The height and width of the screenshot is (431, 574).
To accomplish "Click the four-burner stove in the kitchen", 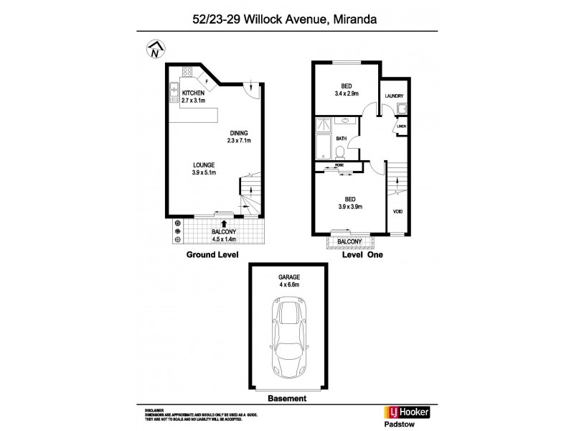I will (x=189, y=73).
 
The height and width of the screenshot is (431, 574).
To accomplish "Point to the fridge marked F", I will (x=207, y=81).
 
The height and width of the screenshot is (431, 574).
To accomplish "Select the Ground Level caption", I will (x=212, y=255).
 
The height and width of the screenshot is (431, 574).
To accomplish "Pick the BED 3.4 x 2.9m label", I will (x=347, y=90).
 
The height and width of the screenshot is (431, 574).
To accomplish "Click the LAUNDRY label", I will (x=394, y=96).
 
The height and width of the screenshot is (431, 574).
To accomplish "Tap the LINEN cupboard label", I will (x=401, y=126).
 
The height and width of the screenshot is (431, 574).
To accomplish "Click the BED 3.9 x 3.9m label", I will (x=351, y=203).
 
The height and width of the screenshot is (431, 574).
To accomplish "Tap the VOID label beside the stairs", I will (x=397, y=211).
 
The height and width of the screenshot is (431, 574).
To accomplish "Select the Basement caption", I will (x=286, y=398).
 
